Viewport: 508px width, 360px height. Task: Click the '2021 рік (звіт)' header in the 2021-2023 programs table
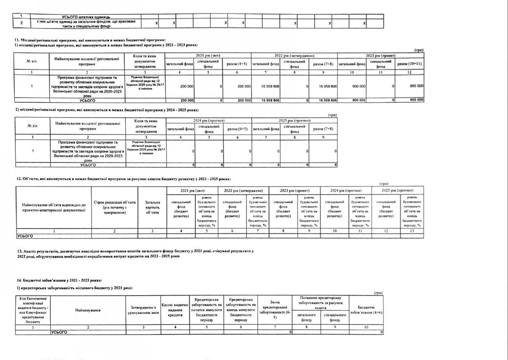pyautogui.click(x=207, y=56)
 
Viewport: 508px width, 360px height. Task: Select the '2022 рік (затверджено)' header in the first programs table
pyautogui.click(x=294, y=56)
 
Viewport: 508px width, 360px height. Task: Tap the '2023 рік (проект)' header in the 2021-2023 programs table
pyautogui.click(x=380, y=56)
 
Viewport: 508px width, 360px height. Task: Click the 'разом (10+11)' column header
pyautogui.click(x=409, y=63)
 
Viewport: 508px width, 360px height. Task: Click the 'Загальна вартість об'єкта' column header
pyautogui.click(x=152, y=207)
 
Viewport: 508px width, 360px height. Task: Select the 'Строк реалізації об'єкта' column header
pyautogui.click(x=114, y=207)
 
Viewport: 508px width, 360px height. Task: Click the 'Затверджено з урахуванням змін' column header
pyautogui.click(x=142, y=311)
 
